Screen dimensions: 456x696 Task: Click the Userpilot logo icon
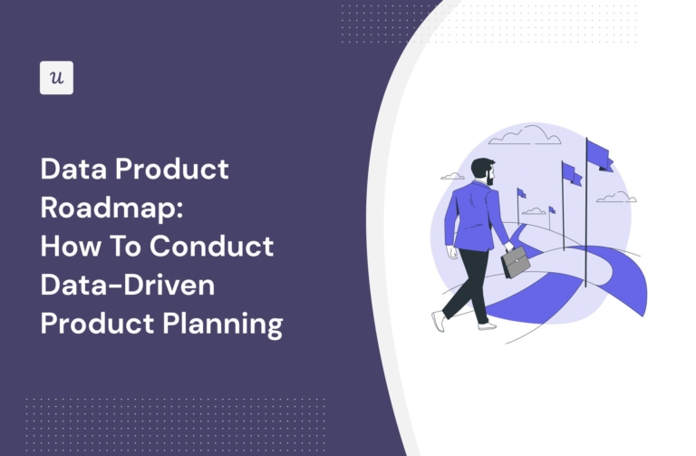coord(56,78)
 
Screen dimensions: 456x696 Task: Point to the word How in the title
coord(70,247)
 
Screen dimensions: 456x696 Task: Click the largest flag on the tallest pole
coord(599,155)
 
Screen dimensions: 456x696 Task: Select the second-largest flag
coord(572,174)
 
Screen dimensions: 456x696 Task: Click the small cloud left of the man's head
coord(452,176)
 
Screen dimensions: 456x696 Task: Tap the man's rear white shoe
coord(438,321)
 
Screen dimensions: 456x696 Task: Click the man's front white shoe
coord(488,325)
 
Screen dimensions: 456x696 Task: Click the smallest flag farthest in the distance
coord(552,210)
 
